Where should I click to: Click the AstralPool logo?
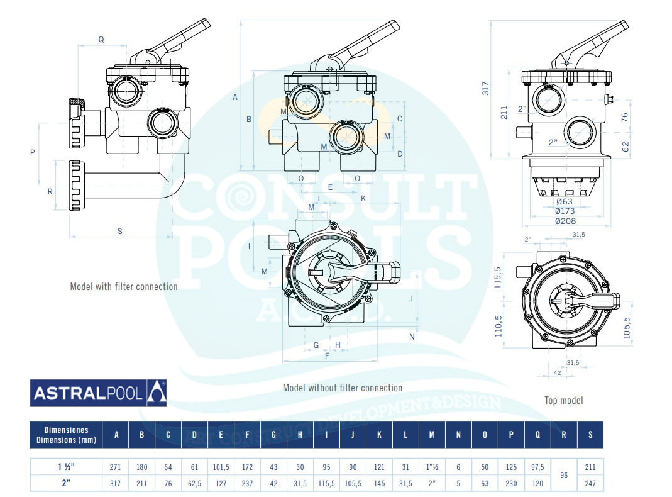pos(99,393)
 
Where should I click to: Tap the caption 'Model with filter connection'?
pos(124,287)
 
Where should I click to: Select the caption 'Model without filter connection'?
pos(342,388)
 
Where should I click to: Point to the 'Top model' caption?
pos(563,400)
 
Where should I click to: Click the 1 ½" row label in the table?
pos(66,467)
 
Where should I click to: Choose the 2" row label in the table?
pos(66,484)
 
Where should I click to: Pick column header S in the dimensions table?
pos(590,435)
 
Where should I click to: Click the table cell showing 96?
pos(563,476)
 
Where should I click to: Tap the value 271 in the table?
pos(116,467)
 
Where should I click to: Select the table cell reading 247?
pos(590,484)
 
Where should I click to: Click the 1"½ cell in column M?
pos(431,467)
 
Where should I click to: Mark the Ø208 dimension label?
pos(566,221)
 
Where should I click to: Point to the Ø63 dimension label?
pos(566,201)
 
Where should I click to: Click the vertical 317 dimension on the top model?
pos(485,88)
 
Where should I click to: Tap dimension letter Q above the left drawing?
pos(101,40)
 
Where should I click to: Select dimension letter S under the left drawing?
pos(120,231)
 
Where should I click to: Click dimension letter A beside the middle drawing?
pos(234,97)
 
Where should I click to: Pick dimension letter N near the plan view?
pos(412,337)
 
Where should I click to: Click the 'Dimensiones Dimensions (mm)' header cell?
pos(66,435)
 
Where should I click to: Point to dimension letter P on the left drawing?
pos(32,152)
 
